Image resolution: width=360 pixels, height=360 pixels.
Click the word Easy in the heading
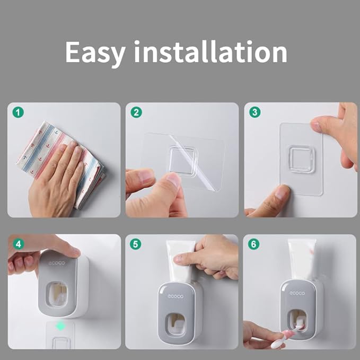pos(96,52)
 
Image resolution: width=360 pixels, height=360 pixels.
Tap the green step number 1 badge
pos(19,113)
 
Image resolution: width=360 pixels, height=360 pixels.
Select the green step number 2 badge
pos(137,113)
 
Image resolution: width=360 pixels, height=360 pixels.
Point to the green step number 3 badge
pos(255,113)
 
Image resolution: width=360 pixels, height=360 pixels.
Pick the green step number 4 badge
pos(19,244)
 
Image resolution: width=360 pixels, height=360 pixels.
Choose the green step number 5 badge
pos(137,244)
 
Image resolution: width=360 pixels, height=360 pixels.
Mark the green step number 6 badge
pos(255,244)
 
